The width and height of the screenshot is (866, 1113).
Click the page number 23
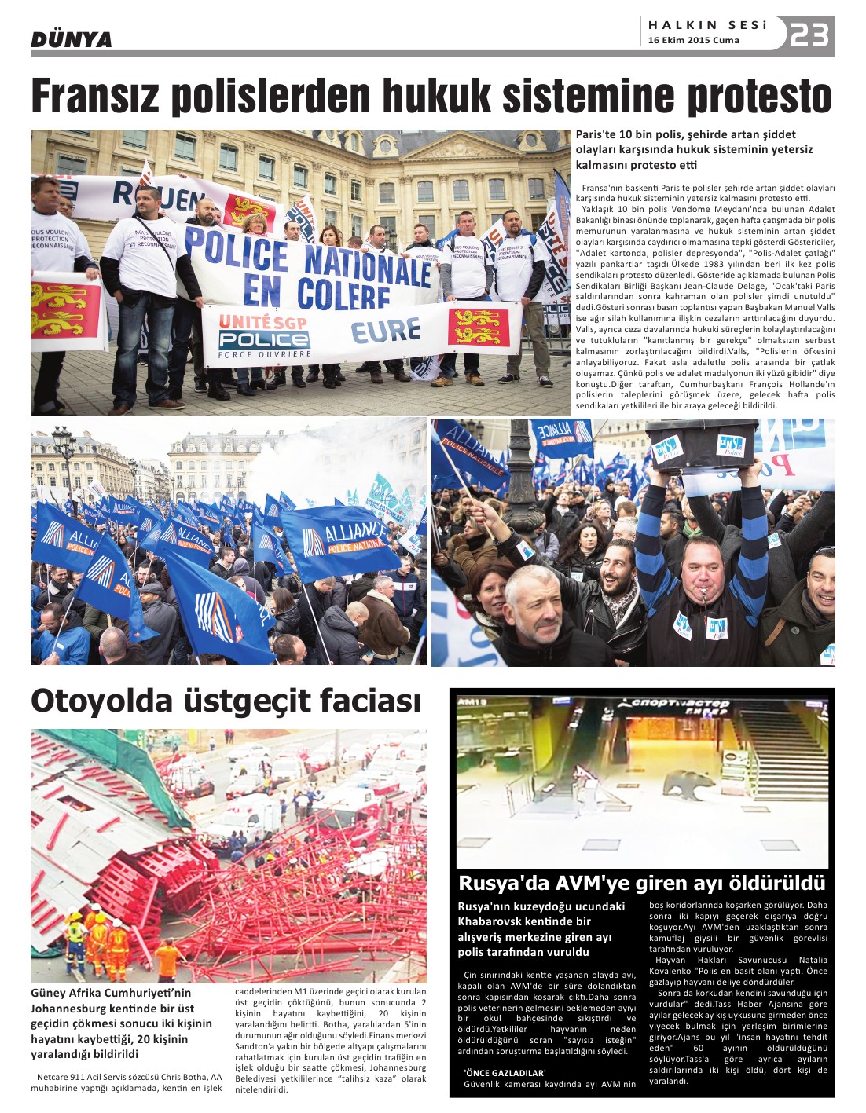[809, 35]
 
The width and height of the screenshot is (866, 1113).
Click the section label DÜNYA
[71, 39]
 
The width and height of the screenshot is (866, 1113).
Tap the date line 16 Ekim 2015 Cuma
[693, 41]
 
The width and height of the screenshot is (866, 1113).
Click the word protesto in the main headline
[759, 97]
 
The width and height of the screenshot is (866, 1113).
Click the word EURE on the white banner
[385, 331]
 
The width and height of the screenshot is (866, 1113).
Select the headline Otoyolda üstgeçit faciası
[226, 701]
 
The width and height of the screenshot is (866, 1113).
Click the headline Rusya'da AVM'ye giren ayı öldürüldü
[641, 882]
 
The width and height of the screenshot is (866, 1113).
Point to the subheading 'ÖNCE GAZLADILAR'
[505, 1072]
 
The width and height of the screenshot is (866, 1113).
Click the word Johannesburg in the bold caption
[71, 1009]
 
